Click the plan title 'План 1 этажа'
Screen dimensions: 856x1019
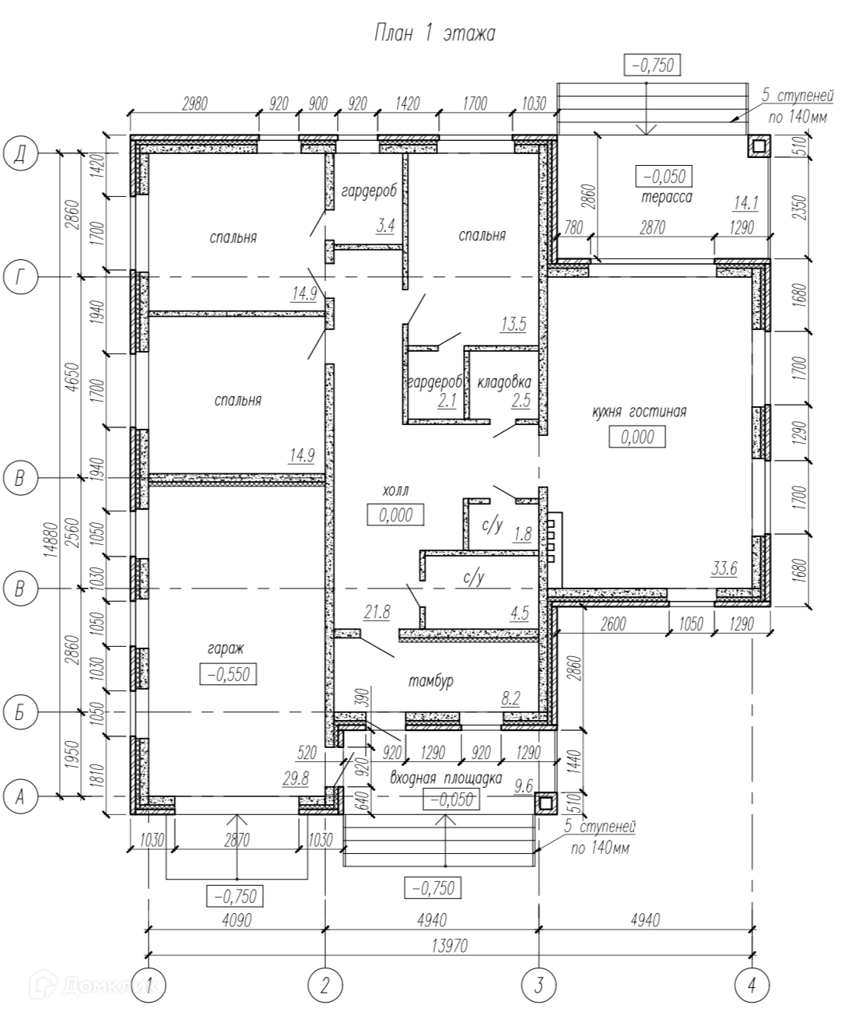coord(435,34)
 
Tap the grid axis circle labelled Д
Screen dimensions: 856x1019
coord(20,153)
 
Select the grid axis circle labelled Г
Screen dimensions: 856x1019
coord(20,276)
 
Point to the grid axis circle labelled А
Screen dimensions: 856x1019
coord(20,797)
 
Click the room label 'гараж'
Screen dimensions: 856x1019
coord(226,648)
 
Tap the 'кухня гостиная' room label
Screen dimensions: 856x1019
coord(640,411)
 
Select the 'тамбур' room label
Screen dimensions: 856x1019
coord(431,681)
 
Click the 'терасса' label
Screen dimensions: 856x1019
coord(667,198)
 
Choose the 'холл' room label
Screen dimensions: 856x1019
coord(395,490)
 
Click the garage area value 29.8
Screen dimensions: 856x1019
coord(296,778)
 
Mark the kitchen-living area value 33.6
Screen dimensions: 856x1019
coord(724,568)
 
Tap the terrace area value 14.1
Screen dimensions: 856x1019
coord(746,203)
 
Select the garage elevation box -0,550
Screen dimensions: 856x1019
coord(229,674)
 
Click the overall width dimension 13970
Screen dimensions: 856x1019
coord(450,946)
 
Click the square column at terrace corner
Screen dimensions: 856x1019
coord(759,146)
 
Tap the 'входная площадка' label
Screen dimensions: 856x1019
coord(446,778)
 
